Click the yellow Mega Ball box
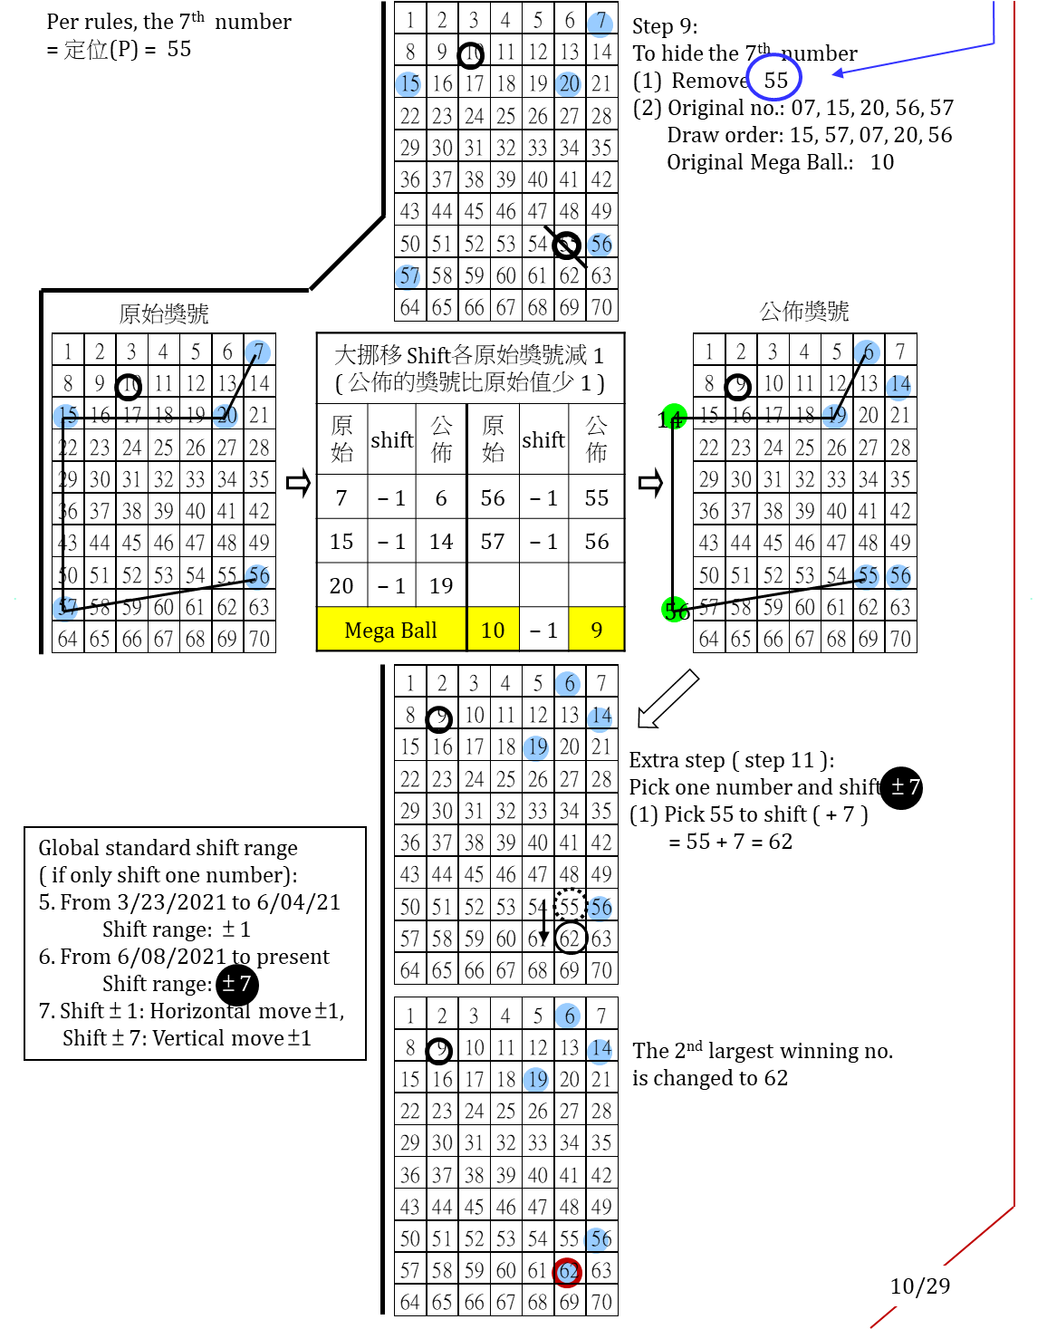tap(391, 629)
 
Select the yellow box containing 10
tap(494, 629)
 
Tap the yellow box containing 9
tap(596, 629)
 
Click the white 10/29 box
tap(919, 1286)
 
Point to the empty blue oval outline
tap(773, 77)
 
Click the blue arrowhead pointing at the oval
tap(838, 73)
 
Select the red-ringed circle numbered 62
tap(567, 1272)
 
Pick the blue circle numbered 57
tap(408, 276)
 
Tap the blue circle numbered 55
tap(866, 576)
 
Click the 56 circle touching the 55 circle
tap(898, 576)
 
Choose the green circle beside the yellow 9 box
tap(675, 610)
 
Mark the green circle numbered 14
tap(675, 417)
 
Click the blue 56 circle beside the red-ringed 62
tap(597, 1238)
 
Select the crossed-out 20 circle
tap(226, 416)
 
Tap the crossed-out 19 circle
tap(834, 416)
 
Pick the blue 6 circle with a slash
tap(867, 352)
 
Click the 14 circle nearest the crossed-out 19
tap(898, 387)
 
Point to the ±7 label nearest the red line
tap(906, 786)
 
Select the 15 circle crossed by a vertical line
tap(65, 417)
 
